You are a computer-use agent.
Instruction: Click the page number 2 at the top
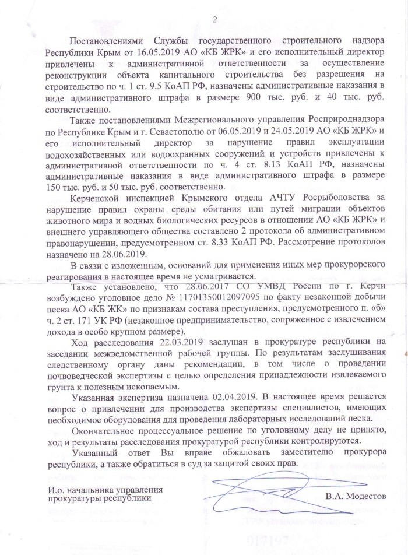[215, 21]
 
